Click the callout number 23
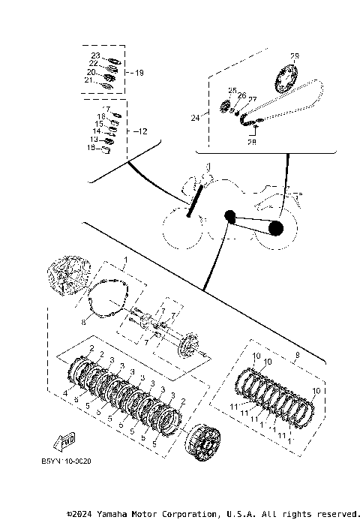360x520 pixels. point(95,56)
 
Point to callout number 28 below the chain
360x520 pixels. point(251,141)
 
